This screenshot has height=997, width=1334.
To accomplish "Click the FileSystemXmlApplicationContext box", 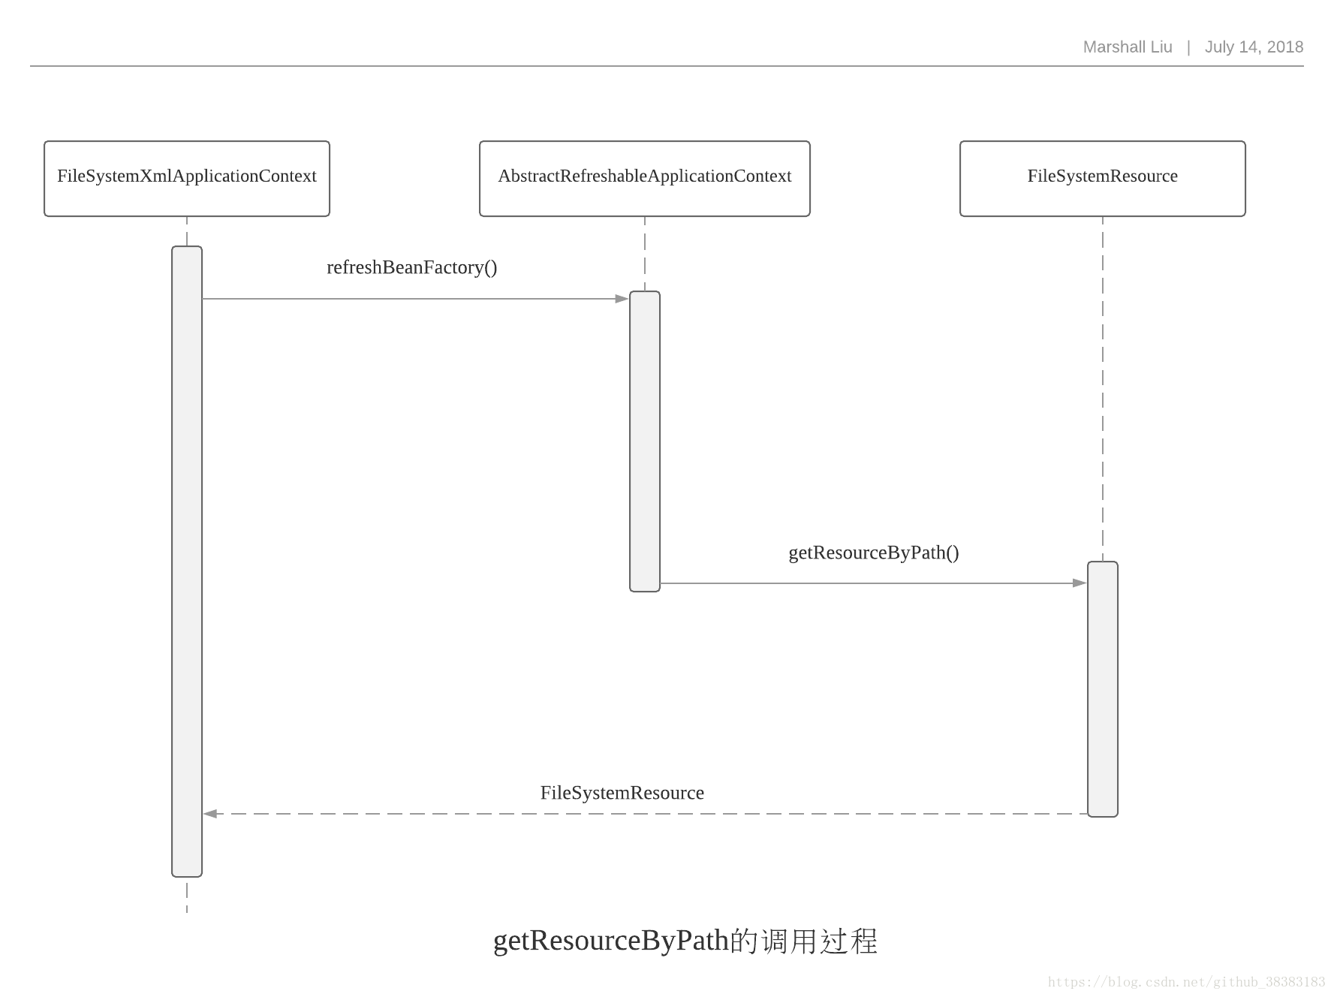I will (187, 178).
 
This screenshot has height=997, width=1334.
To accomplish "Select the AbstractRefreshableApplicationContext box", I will (644, 178).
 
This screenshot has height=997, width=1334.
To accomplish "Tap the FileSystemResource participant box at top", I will (1102, 178).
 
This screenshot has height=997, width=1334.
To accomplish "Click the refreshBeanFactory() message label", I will (411, 268).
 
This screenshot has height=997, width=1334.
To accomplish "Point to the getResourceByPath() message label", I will (873, 553).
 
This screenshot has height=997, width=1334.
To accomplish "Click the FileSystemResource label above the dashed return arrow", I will (622, 793).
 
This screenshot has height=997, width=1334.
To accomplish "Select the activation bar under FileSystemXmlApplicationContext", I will (187, 561).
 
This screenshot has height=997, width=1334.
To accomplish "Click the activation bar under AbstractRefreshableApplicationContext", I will (645, 441).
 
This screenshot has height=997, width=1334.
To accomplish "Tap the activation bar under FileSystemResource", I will (1102, 688).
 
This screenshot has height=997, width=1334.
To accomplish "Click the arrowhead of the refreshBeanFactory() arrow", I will (622, 299).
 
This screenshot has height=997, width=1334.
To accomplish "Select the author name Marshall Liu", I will (1127, 47).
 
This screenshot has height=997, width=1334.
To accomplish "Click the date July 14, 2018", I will (1254, 47).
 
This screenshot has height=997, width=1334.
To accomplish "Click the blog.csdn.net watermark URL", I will (1186, 982).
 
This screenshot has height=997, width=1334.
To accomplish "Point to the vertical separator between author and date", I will (1188, 47).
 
